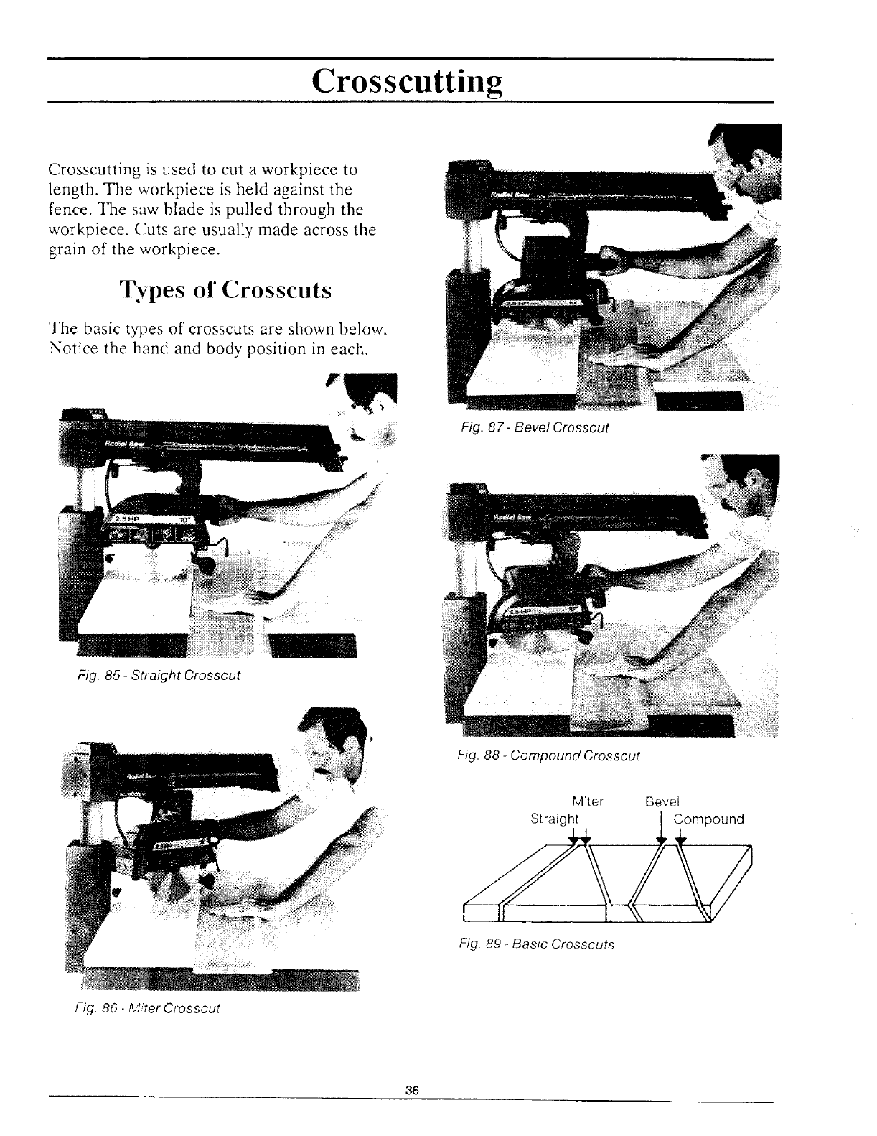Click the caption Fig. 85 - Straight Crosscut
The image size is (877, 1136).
click(x=159, y=676)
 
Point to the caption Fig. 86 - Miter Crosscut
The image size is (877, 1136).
click(x=147, y=1007)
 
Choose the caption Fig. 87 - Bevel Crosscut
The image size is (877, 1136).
click(x=535, y=427)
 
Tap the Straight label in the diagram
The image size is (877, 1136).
click(x=553, y=819)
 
